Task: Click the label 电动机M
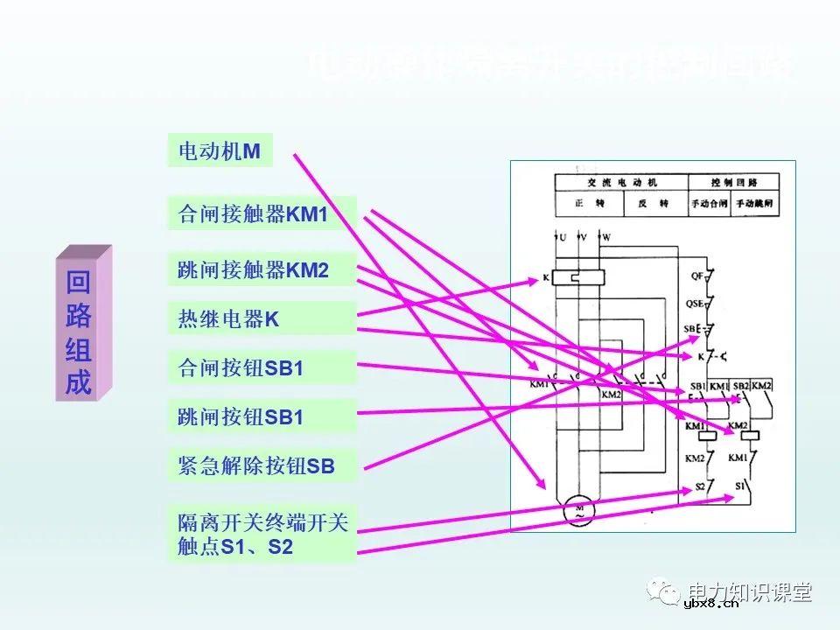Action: pyautogui.click(x=220, y=150)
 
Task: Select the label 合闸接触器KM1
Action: pyautogui.click(x=262, y=213)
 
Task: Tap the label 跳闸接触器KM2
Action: pyautogui.click(x=262, y=270)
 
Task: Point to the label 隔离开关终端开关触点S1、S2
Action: pyautogui.click(x=262, y=535)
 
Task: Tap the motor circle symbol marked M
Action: pyautogui.click(x=578, y=511)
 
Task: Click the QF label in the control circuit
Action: pyautogui.click(x=697, y=276)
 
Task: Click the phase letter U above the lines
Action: pyautogui.click(x=562, y=237)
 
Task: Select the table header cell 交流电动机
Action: pyautogui.click(x=621, y=183)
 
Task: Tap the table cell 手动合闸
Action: pyautogui.click(x=709, y=204)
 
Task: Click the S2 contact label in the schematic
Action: pyautogui.click(x=700, y=485)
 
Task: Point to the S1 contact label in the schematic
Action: pyautogui.click(x=739, y=485)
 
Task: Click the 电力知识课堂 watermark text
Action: pyautogui.click(x=750, y=591)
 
